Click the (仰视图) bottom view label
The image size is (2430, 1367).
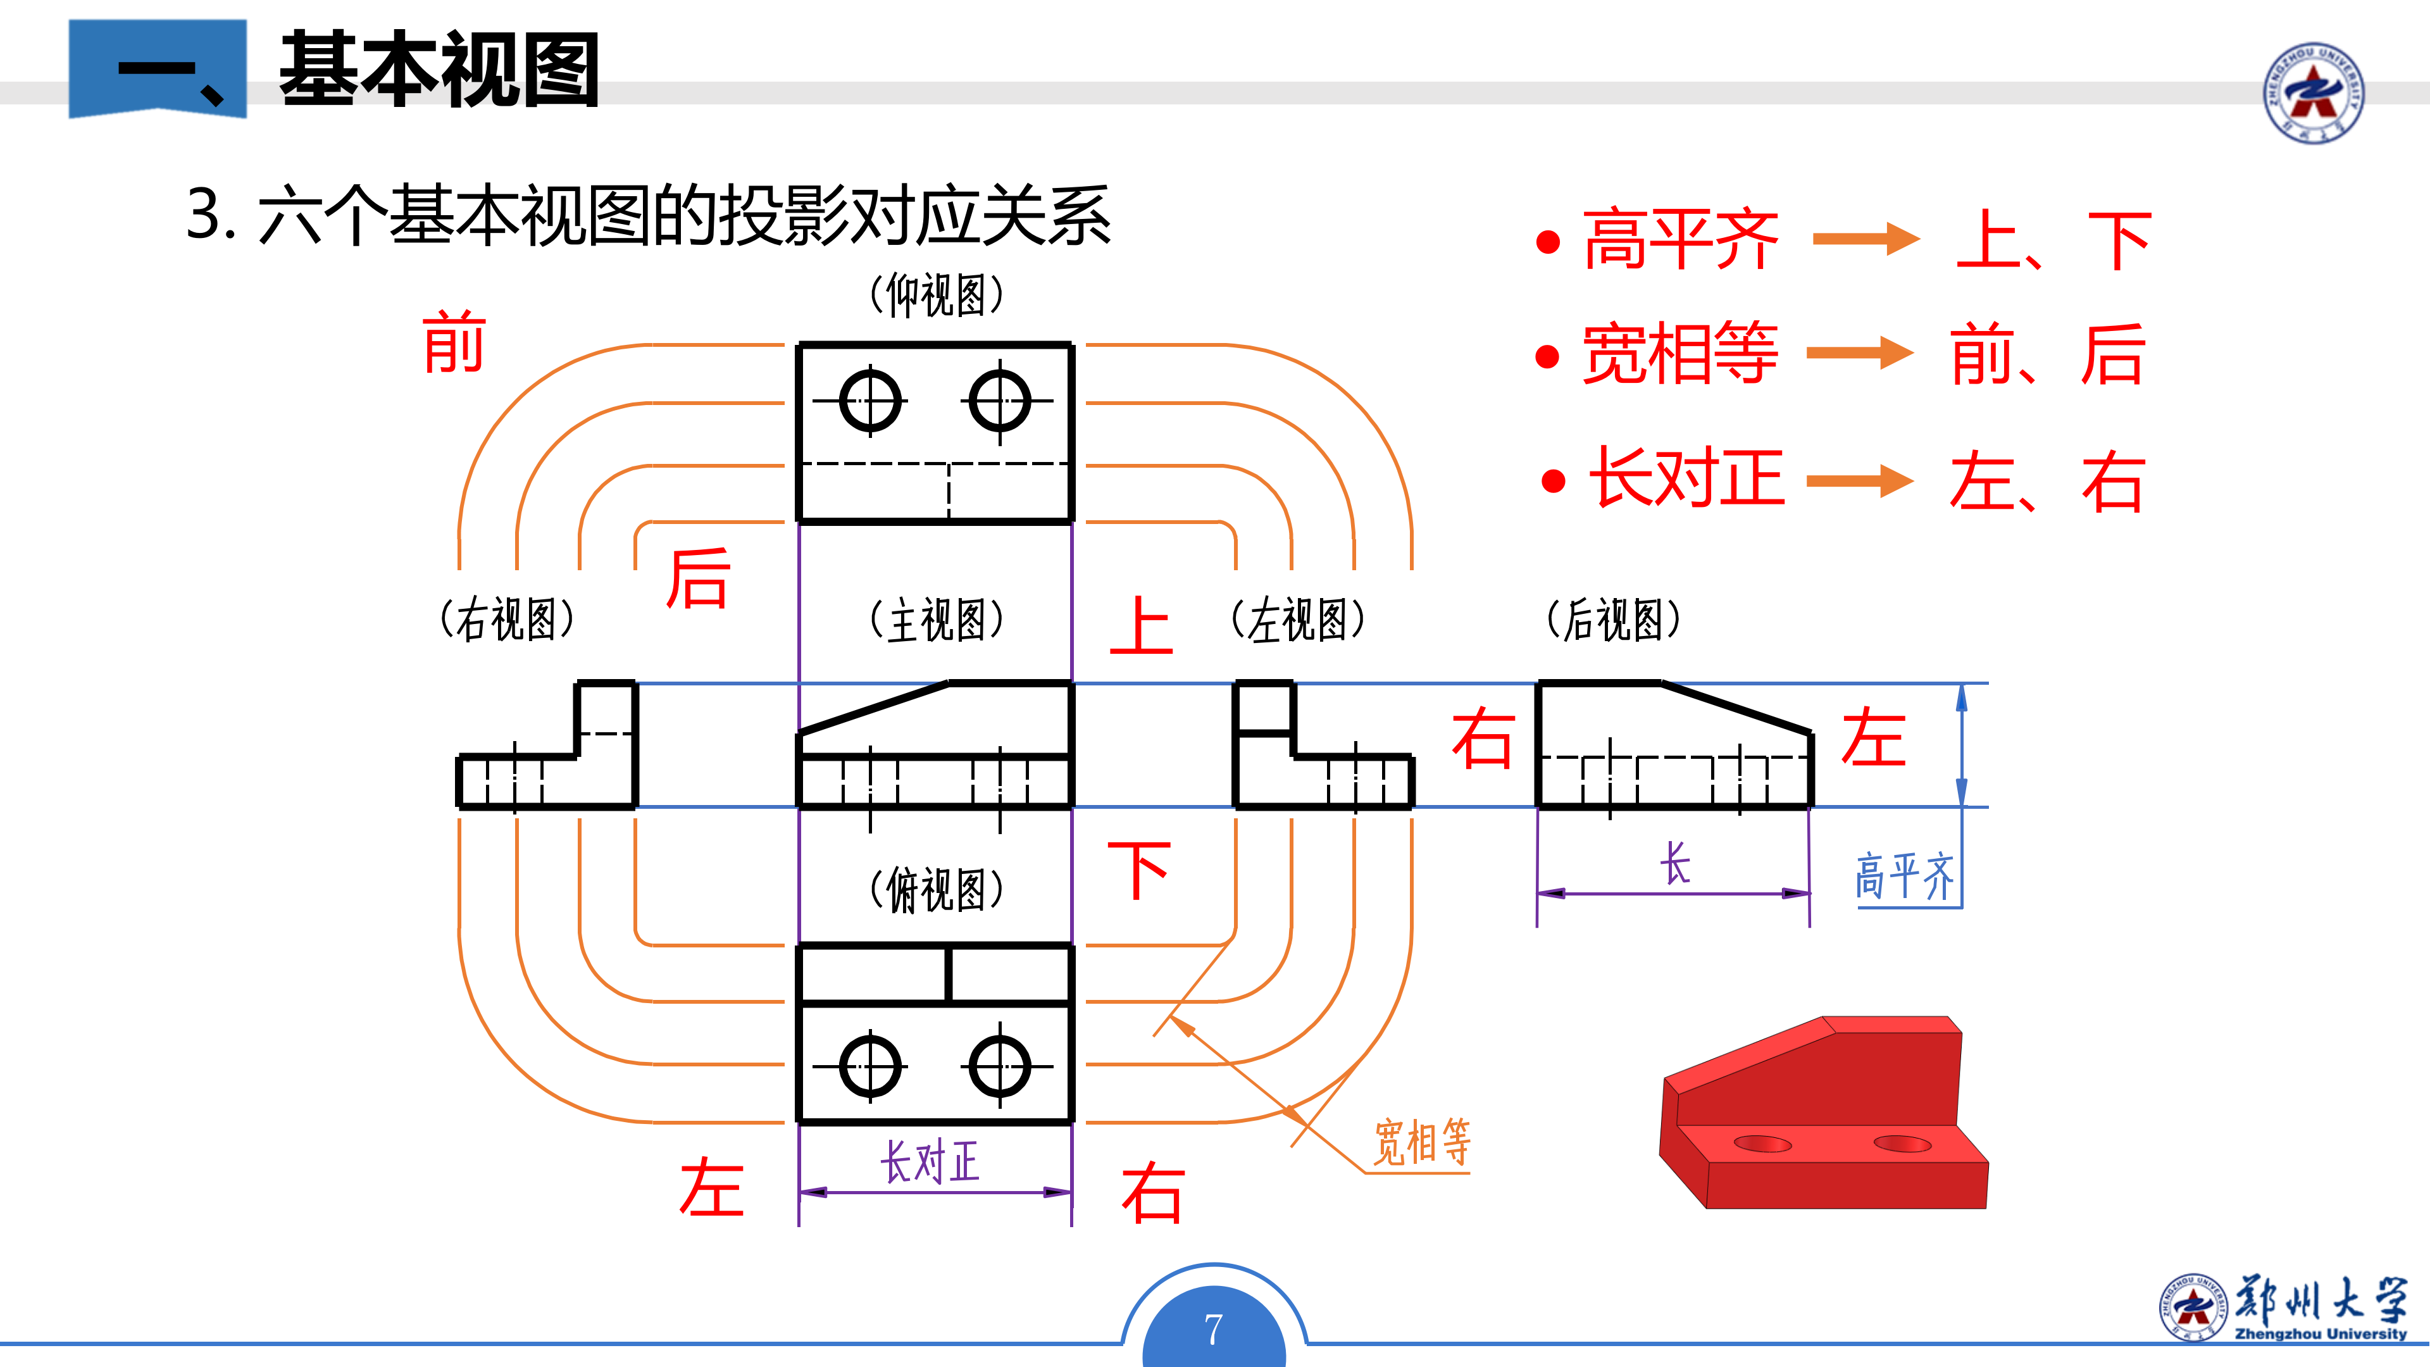(936, 296)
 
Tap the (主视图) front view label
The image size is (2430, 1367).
(936, 621)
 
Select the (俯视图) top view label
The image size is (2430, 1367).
(936, 890)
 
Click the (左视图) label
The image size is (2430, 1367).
(1298, 621)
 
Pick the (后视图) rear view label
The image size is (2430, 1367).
(1613, 621)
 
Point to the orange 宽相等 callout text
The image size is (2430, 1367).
(1421, 1142)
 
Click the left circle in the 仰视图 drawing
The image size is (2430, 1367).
(869, 401)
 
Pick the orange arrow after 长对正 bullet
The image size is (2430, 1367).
(1859, 480)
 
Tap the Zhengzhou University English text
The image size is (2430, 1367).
(2320, 1334)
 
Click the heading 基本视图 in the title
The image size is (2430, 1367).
(440, 70)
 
